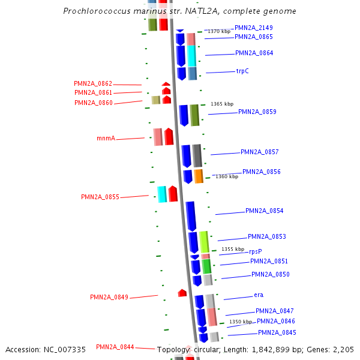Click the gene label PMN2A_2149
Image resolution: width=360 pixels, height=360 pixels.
[x=253, y=28]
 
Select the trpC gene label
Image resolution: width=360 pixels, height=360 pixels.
[x=242, y=71]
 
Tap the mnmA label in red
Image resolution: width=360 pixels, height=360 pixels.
[x=106, y=138]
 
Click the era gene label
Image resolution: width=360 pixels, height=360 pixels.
[x=259, y=295]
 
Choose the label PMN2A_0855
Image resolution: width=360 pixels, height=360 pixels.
[x=100, y=197]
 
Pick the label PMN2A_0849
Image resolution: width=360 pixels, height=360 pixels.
[x=109, y=297]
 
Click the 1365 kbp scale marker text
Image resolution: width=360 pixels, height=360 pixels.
[x=222, y=104]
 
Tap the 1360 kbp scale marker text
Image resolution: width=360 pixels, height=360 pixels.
[x=227, y=176]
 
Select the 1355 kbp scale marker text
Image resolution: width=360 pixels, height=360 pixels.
[x=233, y=249]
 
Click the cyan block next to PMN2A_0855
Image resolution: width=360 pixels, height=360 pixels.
[x=162, y=194]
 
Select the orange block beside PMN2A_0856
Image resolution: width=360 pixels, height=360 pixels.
[x=199, y=176]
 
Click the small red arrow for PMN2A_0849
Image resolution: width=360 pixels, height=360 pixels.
[x=182, y=293]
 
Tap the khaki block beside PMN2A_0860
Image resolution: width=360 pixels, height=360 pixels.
[x=155, y=100]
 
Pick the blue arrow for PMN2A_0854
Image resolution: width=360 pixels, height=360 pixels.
[x=191, y=216]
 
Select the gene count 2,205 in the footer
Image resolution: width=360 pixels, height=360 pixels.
[x=344, y=349]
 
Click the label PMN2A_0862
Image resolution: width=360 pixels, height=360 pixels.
[x=93, y=83]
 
